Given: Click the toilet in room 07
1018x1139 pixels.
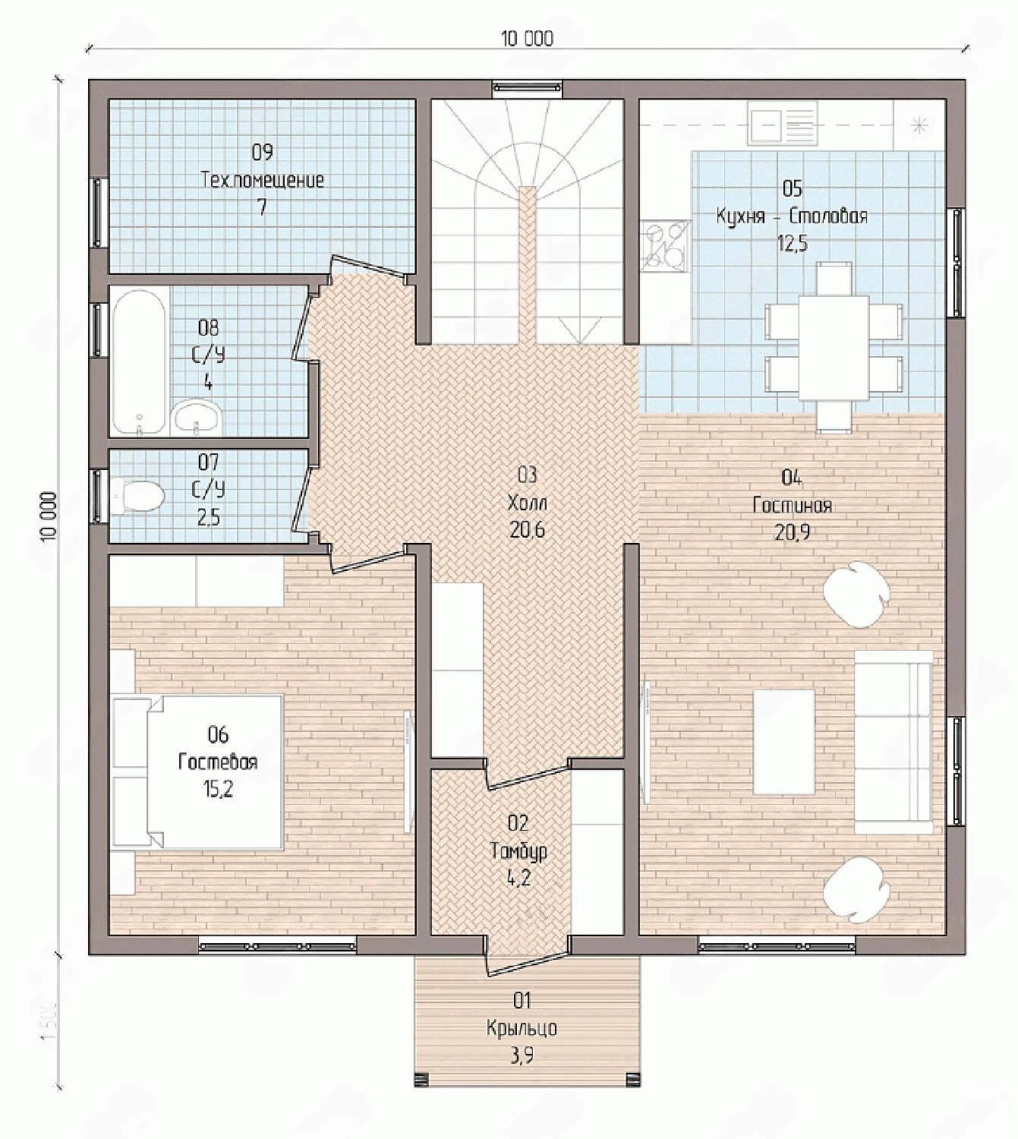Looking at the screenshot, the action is [137, 495].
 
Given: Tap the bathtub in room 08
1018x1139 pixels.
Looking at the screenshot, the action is [140, 361].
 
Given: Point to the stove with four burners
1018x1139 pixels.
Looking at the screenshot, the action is [665, 246].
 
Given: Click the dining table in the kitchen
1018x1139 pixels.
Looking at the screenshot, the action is [835, 347].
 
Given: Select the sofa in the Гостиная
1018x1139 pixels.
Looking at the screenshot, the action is [894, 742].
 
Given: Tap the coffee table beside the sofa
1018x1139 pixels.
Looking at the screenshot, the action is [783, 742].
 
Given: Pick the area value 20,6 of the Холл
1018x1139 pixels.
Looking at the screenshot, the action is [527, 529].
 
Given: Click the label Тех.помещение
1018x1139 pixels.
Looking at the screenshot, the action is [262, 181].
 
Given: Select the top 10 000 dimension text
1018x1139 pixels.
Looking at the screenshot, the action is [527, 38].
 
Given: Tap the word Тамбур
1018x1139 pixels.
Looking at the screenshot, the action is [518, 851].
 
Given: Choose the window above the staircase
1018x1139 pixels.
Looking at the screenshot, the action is [527, 87].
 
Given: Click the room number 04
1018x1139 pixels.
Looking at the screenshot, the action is [792, 478].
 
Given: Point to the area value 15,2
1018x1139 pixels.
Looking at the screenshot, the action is [218, 789].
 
